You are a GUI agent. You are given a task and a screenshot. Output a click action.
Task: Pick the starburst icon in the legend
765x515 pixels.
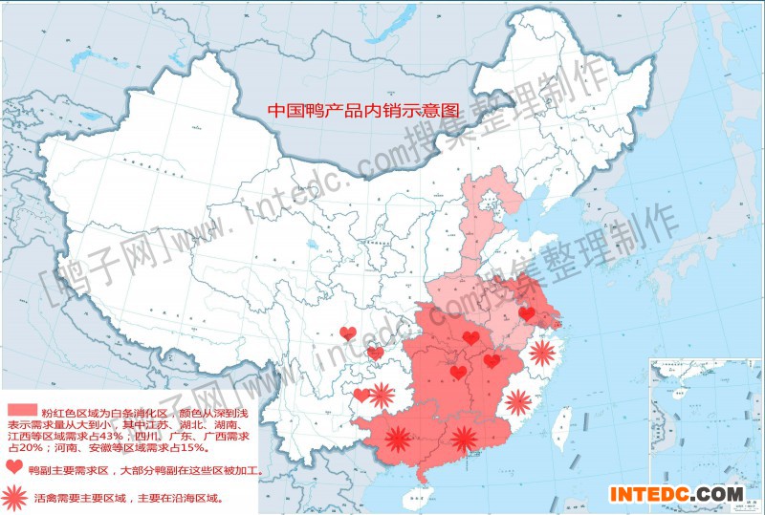tap(14, 497)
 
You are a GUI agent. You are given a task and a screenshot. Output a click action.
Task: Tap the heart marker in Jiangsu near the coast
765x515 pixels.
tap(527, 313)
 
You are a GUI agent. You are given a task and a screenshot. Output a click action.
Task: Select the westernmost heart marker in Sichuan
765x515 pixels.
tap(348, 333)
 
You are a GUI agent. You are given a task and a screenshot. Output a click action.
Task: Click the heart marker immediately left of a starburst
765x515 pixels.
tap(361, 395)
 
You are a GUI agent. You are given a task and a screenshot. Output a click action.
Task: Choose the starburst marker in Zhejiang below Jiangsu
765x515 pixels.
tap(542, 354)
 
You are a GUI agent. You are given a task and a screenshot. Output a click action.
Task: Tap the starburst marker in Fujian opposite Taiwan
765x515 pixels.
tap(519, 401)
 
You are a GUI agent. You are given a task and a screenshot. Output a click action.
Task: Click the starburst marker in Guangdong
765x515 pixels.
tap(465, 439)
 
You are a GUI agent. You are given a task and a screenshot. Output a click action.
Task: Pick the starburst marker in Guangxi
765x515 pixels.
tap(397, 440)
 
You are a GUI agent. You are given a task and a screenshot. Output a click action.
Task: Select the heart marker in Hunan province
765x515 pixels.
tap(459, 373)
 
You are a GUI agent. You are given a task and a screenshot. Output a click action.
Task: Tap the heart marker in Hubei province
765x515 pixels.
tap(470, 337)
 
